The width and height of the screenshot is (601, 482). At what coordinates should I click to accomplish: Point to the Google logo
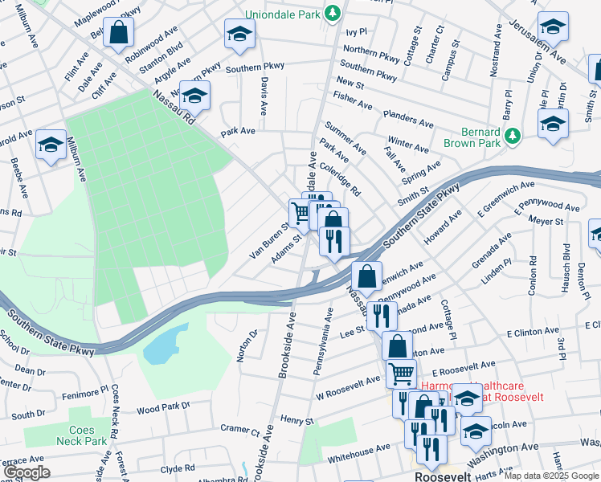coord(27,473)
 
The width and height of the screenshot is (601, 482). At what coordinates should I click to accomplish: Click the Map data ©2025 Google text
coord(551,476)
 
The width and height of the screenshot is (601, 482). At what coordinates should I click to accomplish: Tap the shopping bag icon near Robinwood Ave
coord(119,33)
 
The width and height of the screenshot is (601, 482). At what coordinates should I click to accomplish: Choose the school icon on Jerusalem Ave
coord(553,27)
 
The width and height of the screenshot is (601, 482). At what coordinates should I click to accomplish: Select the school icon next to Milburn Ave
coord(51,145)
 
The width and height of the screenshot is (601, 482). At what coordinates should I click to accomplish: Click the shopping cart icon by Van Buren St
coord(300,213)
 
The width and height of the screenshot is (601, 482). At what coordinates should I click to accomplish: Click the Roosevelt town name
coord(447,476)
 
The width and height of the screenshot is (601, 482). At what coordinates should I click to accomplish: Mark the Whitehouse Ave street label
coord(358,454)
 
